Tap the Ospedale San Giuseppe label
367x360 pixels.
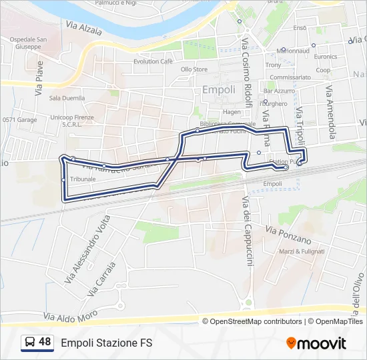pyautogui.click(x=28, y=43)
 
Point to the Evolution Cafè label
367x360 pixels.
pyautogui.click(x=153, y=61)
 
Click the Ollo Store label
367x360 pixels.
pyautogui.click(x=194, y=69)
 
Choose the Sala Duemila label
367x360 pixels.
pyautogui.click(x=67, y=98)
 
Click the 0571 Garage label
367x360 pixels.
pyautogui.click(x=19, y=120)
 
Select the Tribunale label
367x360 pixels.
pyautogui.click(x=83, y=179)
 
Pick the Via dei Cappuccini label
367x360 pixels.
pyautogui.click(x=247, y=234)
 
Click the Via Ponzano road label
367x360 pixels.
pyautogui.click(x=288, y=235)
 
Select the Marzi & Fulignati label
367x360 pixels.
pyautogui.click(x=302, y=251)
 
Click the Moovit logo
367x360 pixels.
pyautogui.click(x=316, y=343)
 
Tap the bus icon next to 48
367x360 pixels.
pyautogui.click(x=30, y=343)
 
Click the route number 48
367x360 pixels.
pyautogui.click(x=45, y=342)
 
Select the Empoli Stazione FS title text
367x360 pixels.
pyautogui.click(x=107, y=343)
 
